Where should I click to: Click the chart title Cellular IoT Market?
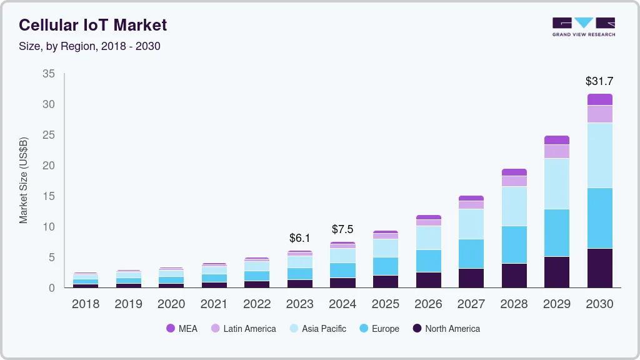point(93,25)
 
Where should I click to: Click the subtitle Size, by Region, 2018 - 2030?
point(89,46)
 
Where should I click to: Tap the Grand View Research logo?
point(583,26)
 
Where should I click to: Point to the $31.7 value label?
point(599,81)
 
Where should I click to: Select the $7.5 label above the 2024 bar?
point(342,229)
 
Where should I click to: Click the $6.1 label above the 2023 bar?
point(299,238)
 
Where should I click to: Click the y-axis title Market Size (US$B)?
point(24,180)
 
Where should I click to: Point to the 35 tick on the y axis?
point(49,74)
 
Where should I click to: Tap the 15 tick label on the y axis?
point(49,196)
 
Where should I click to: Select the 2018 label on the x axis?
point(85,304)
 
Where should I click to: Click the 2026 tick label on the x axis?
point(428,304)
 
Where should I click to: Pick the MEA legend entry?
point(182,329)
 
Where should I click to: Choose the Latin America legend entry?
point(243,329)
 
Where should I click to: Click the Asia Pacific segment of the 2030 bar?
point(599,155)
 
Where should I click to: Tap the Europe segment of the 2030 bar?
point(599,218)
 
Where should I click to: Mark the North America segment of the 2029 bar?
point(556,272)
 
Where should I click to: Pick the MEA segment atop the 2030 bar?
point(599,99)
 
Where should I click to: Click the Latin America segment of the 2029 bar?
point(556,151)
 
